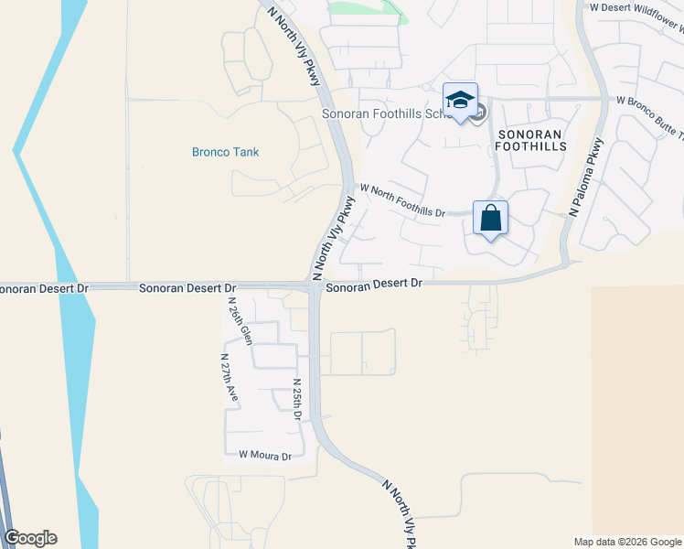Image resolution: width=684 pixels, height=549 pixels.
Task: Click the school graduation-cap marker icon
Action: pyautogui.click(x=461, y=100)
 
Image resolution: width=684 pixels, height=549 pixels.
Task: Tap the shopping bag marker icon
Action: pyautogui.click(x=490, y=219)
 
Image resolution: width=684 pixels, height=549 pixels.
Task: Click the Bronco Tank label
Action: pyautogui.click(x=225, y=152)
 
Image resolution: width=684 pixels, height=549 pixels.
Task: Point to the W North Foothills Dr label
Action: pyautogui.click(x=402, y=200)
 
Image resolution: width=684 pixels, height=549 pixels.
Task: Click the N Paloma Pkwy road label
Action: pyautogui.click(x=586, y=176)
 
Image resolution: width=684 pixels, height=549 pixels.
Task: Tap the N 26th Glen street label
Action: pyautogui.click(x=239, y=320)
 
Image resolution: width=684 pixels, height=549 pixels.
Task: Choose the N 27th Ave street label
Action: pyautogui.click(x=230, y=378)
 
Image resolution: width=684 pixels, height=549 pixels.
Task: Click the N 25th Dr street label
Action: pyautogui.click(x=297, y=399)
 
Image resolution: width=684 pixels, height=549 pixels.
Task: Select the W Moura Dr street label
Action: pyautogui.click(x=264, y=455)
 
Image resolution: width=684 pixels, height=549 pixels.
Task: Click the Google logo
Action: pyautogui.click(x=30, y=538)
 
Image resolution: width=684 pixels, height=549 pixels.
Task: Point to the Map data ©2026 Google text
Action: pyautogui.click(x=626, y=542)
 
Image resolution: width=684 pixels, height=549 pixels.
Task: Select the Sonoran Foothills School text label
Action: pyautogui.click(x=382, y=114)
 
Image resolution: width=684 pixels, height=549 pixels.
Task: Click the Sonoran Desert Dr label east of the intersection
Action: pyautogui.click(x=374, y=285)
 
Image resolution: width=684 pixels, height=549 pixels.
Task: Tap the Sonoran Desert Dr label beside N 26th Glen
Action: pyautogui.click(x=187, y=287)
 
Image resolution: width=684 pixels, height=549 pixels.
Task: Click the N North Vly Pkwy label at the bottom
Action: pyautogui.click(x=400, y=512)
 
